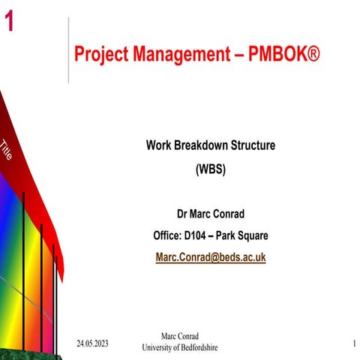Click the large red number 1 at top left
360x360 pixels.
click(x=9, y=22)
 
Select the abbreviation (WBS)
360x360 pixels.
click(x=211, y=169)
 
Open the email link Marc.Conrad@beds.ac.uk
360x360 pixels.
click(x=211, y=257)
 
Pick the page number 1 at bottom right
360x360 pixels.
click(x=353, y=343)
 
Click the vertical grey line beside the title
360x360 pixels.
click(x=68, y=49)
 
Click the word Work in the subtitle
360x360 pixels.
click(x=159, y=145)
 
